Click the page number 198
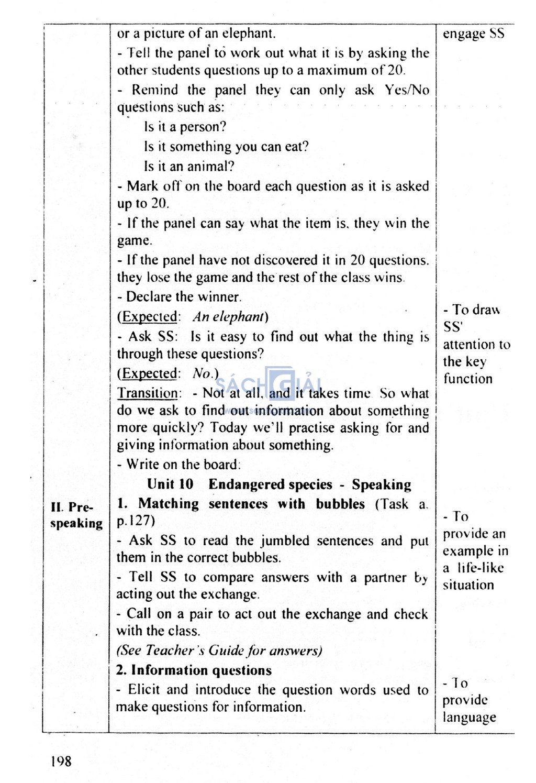click(x=61, y=761)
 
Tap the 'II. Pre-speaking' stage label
click(x=76, y=515)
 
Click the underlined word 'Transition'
click(x=147, y=393)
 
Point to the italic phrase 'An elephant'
click(x=228, y=317)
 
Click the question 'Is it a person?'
click(x=185, y=127)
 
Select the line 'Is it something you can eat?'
click(x=226, y=147)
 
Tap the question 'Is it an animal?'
click(x=189, y=167)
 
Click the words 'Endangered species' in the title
click(x=270, y=484)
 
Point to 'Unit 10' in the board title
click(x=170, y=484)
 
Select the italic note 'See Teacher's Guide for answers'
click(x=219, y=650)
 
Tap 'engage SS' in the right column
click(x=473, y=34)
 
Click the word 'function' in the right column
click(x=467, y=379)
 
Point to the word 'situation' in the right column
click(x=468, y=585)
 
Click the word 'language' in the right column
click(x=469, y=718)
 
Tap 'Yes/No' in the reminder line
click(x=407, y=90)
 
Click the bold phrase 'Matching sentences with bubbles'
click(x=251, y=504)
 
